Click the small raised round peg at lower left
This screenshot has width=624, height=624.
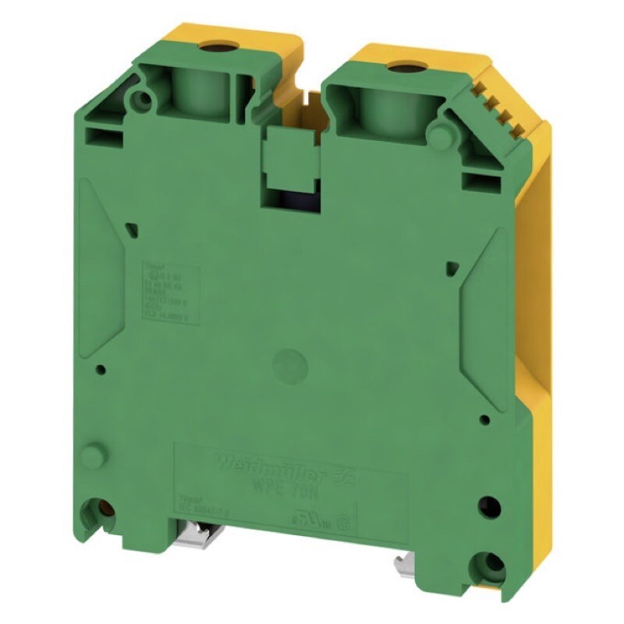point(95,455)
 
